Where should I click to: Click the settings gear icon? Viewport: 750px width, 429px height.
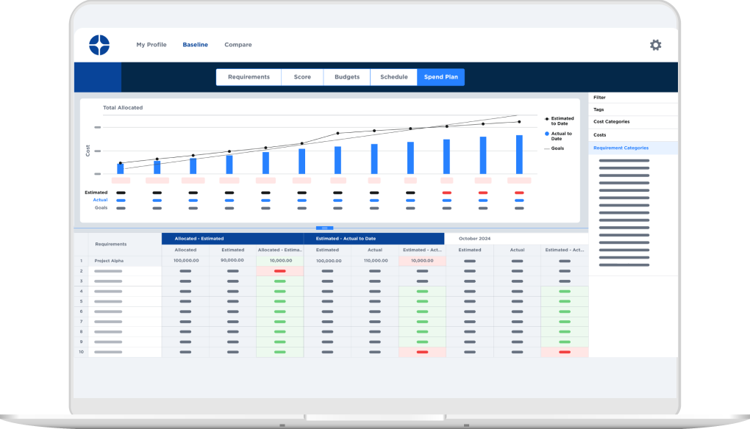[x=655, y=45]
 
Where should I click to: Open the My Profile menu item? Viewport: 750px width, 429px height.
[x=151, y=45]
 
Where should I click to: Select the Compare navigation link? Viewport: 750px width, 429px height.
[x=238, y=45]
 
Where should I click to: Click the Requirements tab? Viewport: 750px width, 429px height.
[x=249, y=77]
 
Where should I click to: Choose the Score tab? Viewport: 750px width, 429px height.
[x=302, y=77]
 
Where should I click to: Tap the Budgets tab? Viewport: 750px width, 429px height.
[x=347, y=77]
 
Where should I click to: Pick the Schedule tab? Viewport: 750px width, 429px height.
[x=393, y=77]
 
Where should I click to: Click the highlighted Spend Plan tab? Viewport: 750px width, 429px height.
[x=440, y=77]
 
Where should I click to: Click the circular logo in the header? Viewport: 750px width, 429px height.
[x=99, y=45]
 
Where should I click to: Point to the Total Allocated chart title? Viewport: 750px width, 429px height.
[x=123, y=108]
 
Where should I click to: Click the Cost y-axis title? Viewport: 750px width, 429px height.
[x=88, y=150]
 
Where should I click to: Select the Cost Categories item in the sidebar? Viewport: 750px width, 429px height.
[x=611, y=122]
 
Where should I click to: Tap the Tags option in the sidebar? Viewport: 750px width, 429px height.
[x=599, y=109]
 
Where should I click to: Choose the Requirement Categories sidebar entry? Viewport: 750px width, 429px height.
[x=621, y=148]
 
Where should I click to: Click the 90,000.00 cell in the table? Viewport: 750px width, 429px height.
[x=232, y=261]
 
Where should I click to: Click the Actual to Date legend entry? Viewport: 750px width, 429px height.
[x=562, y=136]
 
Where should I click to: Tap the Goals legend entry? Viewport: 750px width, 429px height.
[x=557, y=148]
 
